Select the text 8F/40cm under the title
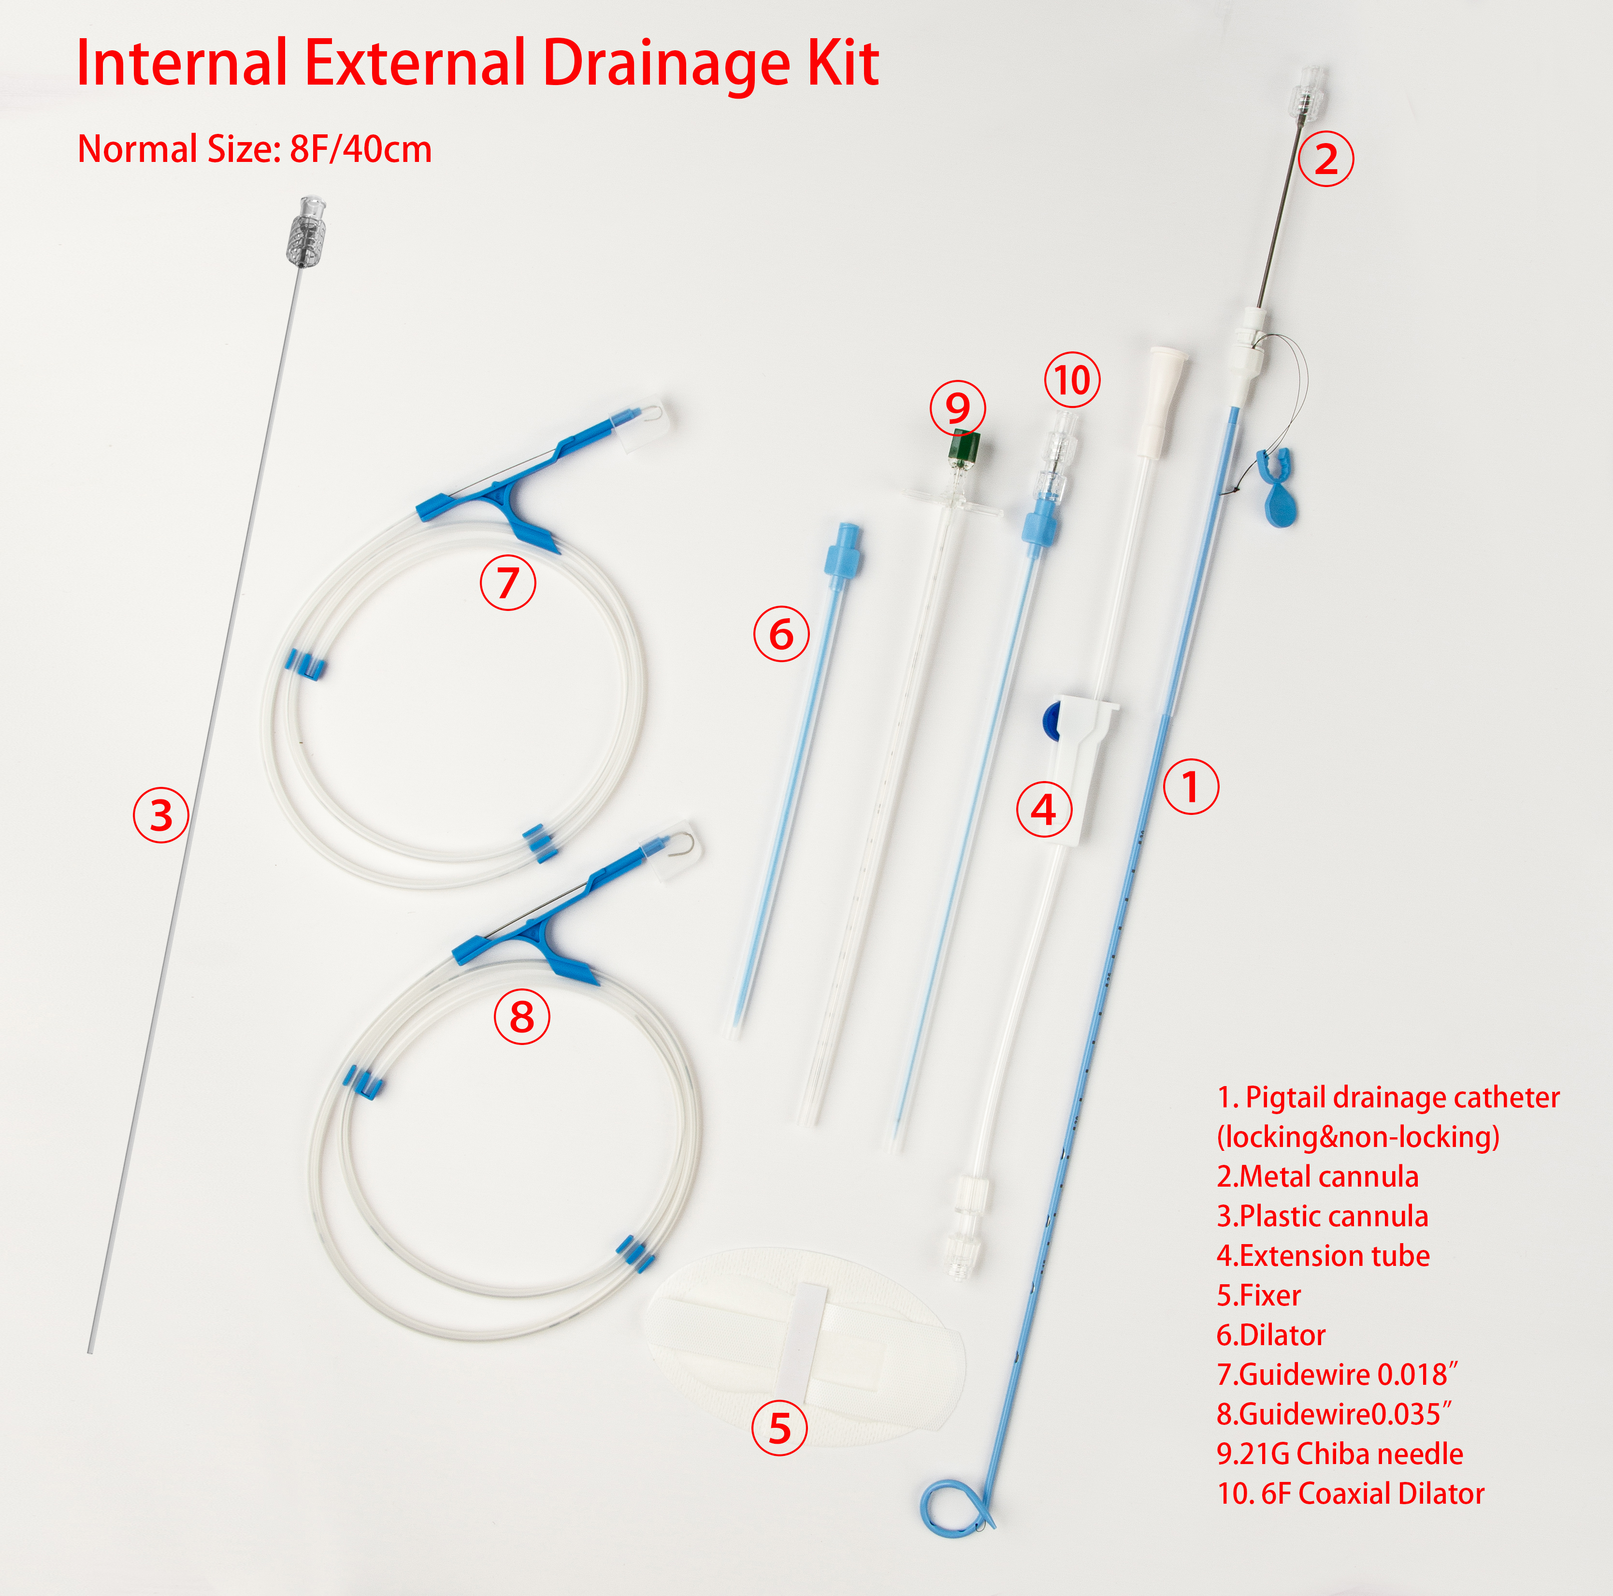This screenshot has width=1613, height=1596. [x=360, y=149]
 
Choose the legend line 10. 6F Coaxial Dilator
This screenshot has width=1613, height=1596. [x=1351, y=1493]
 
